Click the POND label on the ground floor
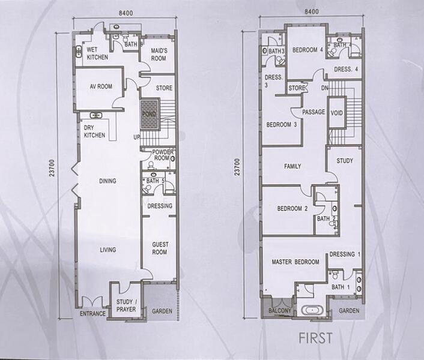click(x=150, y=114)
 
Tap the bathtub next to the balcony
click(x=312, y=310)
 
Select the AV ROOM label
click(x=101, y=86)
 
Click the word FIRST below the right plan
click(x=315, y=338)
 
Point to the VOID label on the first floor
click(x=337, y=113)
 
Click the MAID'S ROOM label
click(x=159, y=54)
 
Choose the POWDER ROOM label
click(x=163, y=155)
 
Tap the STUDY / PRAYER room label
click(x=127, y=305)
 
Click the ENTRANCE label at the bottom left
click(x=92, y=314)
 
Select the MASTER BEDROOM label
click(x=295, y=262)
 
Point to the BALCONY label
click(x=280, y=311)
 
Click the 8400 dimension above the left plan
click(x=126, y=13)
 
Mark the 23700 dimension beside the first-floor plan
click(x=237, y=167)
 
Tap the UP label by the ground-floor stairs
click(x=137, y=137)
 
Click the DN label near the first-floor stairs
click(x=324, y=88)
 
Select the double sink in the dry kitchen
click(x=95, y=115)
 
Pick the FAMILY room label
click(x=292, y=166)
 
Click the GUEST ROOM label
click(x=160, y=248)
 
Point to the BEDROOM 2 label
click(x=292, y=208)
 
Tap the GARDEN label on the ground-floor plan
click(x=162, y=311)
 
